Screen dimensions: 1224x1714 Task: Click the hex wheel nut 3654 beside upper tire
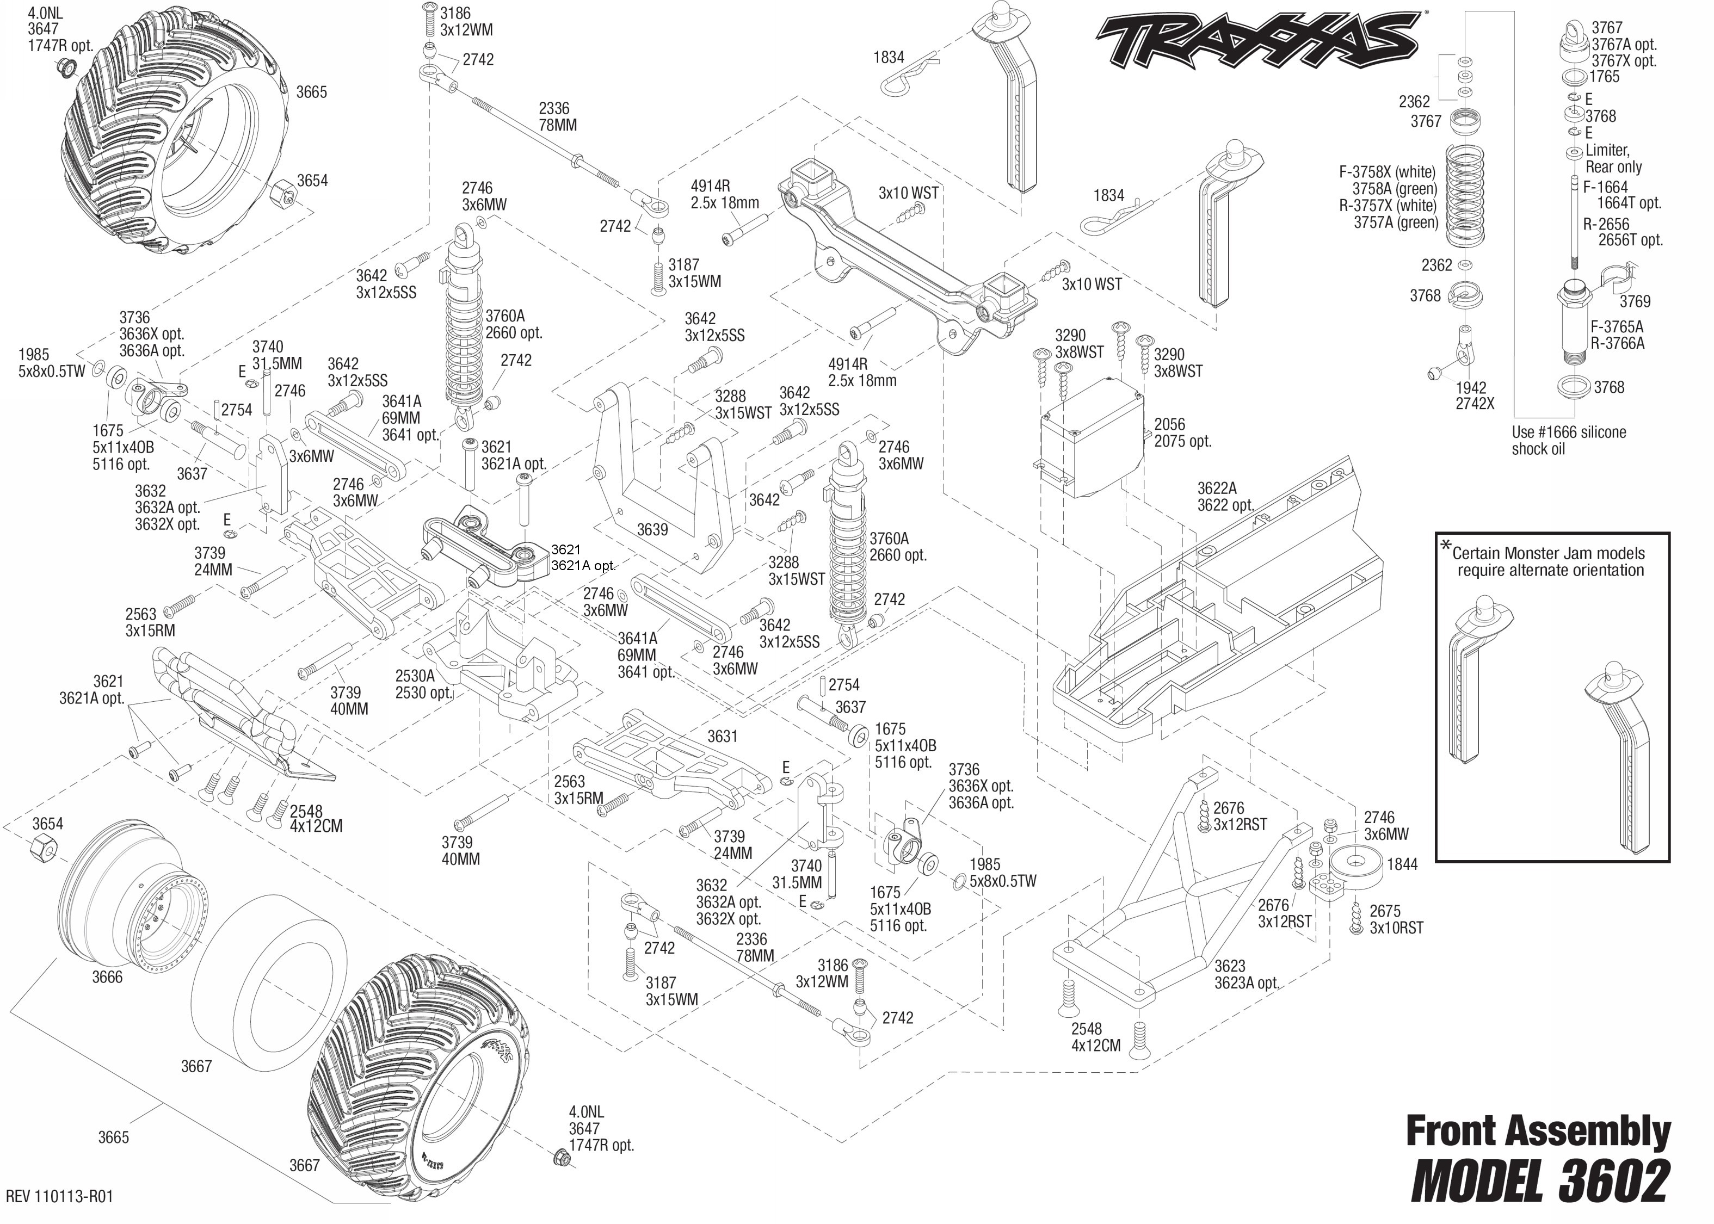click(281, 194)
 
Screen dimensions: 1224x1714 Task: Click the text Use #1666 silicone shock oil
click(1568, 440)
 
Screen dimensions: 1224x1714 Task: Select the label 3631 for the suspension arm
click(722, 735)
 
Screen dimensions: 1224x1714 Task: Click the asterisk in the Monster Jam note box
click(1445, 546)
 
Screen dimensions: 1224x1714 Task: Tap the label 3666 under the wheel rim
click(107, 977)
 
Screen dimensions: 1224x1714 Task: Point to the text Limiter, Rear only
click(1613, 158)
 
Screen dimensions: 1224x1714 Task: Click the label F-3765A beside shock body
click(1617, 327)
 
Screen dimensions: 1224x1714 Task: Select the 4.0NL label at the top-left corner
click(45, 13)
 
